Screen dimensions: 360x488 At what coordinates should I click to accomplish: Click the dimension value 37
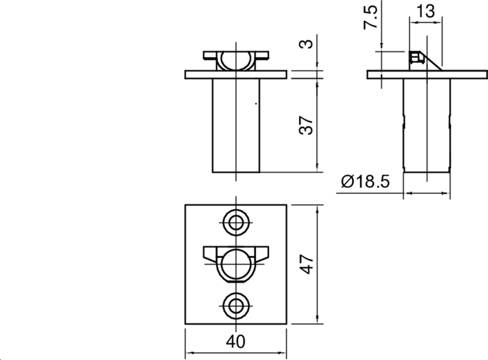[307, 125]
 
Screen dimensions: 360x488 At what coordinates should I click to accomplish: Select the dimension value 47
[307, 264]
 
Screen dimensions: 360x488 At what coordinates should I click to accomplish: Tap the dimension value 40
[235, 342]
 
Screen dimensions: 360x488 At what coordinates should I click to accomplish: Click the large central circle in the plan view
[235, 264]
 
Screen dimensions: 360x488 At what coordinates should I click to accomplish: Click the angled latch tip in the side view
[434, 63]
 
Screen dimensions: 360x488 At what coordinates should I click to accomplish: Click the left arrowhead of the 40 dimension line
[187, 353]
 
